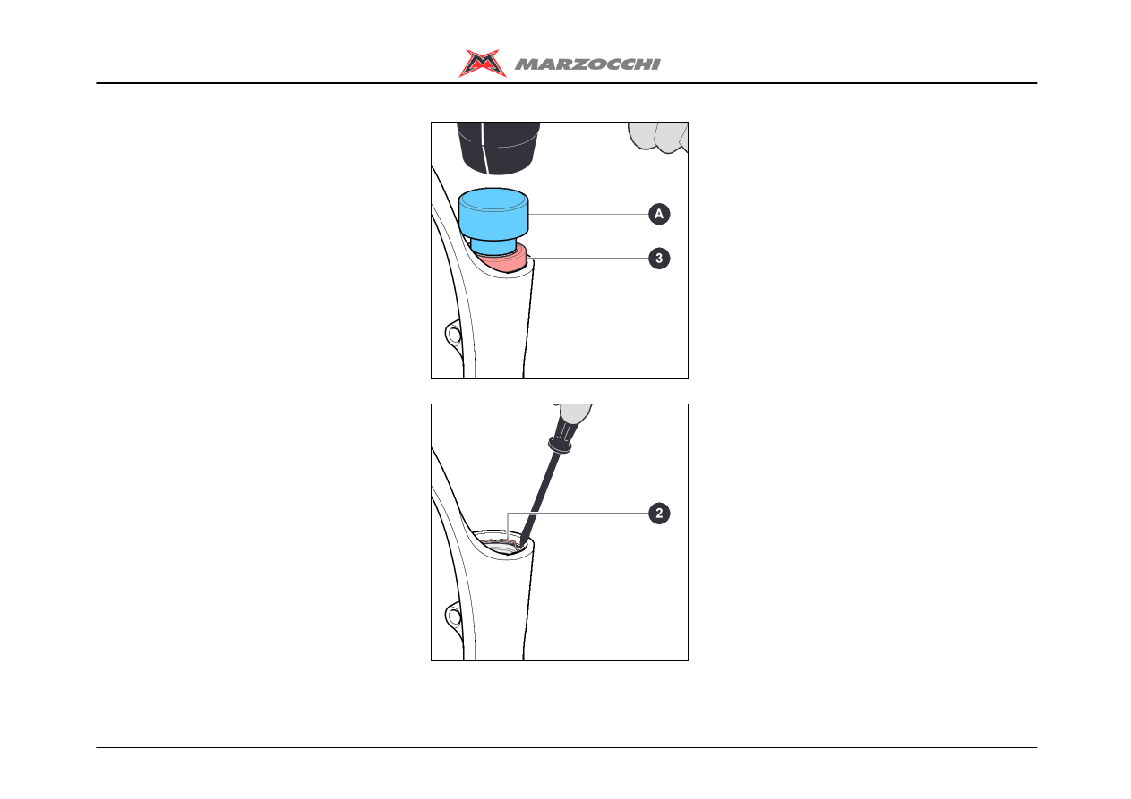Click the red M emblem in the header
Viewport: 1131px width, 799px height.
[x=482, y=63]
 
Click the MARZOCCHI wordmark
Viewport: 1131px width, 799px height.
[x=587, y=64]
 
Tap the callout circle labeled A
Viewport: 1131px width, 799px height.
[x=659, y=214]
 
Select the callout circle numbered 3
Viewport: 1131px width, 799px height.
[x=659, y=259]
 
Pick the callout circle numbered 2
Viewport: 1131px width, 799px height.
[x=659, y=514]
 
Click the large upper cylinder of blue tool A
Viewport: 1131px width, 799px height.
[x=493, y=214]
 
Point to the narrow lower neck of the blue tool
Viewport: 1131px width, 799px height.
[x=493, y=247]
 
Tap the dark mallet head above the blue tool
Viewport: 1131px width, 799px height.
[x=498, y=148]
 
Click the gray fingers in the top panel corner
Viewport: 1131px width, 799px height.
[x=658, y=136]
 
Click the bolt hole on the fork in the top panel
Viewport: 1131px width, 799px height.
[x=453, y=335]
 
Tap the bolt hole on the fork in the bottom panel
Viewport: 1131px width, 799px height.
[x=453, y=616]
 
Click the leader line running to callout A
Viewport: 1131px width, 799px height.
[x=588, y=214]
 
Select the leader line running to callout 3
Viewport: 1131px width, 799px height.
[x=587, y=259]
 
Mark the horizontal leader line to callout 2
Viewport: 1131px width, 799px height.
[x=578, y=514]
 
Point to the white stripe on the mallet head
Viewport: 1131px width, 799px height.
[x=484, y=148]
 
